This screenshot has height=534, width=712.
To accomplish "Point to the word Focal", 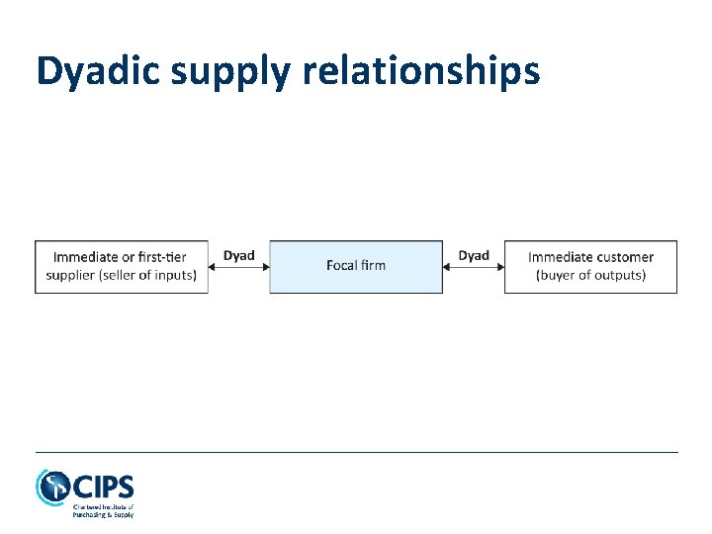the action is coord(341,265).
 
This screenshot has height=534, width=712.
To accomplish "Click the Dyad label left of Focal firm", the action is coord(238,255).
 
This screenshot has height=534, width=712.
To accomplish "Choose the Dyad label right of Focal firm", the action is coord(474,255).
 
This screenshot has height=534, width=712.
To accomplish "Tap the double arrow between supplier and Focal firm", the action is coord(239,266).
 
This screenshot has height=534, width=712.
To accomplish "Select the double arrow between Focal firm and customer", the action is coord(474,266).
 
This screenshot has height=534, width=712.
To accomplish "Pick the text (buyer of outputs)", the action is coord(591,275).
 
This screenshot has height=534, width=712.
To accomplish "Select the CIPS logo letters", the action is coord(103,488).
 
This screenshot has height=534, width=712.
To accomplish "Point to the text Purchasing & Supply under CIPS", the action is coord(103,514).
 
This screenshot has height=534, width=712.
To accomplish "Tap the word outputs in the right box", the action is coord(618,275).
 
